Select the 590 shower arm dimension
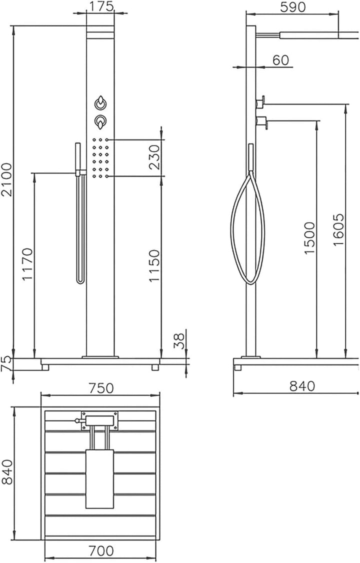point(292,7)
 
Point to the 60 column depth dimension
point(280,60)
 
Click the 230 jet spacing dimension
point(154,157)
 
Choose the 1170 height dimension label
point(28,264)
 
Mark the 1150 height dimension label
point(154,265)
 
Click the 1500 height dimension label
point(309,238)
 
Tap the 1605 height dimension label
point(338,230)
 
